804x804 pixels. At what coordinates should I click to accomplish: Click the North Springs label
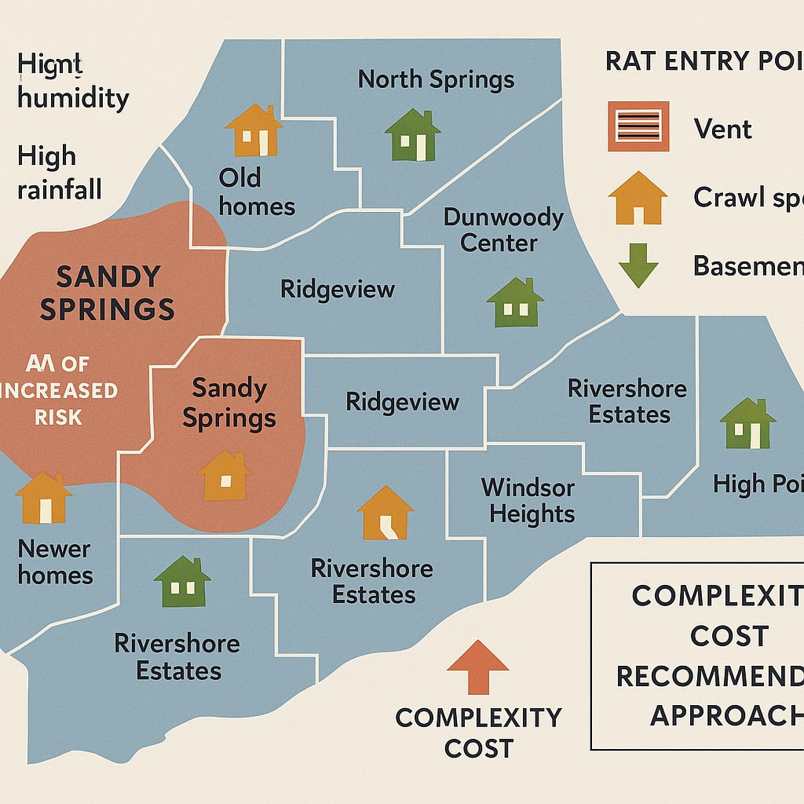pos(436,79)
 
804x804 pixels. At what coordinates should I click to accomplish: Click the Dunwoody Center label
pos(503,229)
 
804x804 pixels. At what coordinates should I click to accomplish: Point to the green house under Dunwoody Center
pos(515,302)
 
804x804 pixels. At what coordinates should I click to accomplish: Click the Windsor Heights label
pos(528,501)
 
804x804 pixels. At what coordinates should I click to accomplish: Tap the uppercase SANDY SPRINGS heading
pos(107,292)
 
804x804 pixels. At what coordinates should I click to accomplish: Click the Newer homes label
pos(55,561)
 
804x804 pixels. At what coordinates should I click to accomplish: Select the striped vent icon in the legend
pos(638,126)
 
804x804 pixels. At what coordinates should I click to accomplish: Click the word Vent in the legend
pos(723,128)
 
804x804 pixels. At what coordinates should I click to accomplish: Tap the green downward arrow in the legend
pos(638,265)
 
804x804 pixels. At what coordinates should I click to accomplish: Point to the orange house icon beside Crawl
pos(638,198)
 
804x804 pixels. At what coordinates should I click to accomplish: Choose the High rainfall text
pos(59,173)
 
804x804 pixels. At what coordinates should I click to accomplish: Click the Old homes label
pos(256,192)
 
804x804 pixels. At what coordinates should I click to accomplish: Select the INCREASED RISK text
pos(59,403)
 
